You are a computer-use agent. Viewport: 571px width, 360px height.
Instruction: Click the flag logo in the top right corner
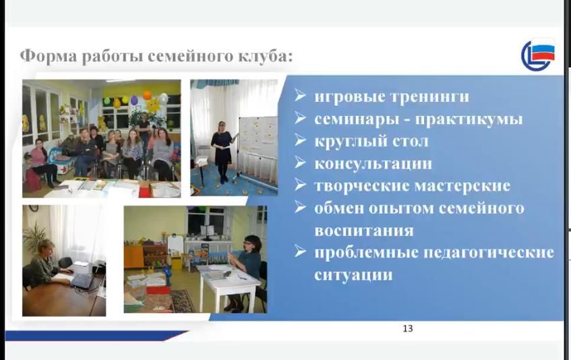click(538, 55)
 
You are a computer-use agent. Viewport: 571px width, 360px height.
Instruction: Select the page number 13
click(408, 328)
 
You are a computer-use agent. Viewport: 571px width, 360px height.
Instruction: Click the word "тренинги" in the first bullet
click(430, 97)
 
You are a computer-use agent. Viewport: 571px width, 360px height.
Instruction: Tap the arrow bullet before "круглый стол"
click(301, 140)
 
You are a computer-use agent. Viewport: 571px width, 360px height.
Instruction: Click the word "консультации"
click(373, 163)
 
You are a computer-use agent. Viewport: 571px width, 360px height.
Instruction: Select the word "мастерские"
click(462, 185)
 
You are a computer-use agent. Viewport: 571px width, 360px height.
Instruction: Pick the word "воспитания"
click(364, 231)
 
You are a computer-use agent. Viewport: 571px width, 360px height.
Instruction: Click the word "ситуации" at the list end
click(354, 274)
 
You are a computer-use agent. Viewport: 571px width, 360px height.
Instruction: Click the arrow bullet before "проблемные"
click(301, 251)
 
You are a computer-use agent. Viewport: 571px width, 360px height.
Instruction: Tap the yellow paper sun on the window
click(153, 104)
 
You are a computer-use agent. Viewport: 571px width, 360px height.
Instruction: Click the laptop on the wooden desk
click(82, 280)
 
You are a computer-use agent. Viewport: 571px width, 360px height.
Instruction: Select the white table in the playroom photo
click(229, 284)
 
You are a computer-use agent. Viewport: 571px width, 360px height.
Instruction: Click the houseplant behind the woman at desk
click(35, 236)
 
